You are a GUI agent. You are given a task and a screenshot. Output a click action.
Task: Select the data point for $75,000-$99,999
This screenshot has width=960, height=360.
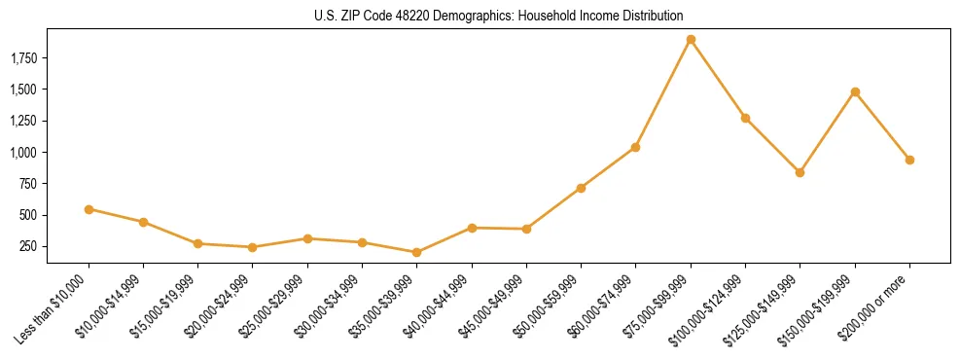(691, 40)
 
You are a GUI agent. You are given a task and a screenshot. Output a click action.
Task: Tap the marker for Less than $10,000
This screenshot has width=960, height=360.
(89, 209)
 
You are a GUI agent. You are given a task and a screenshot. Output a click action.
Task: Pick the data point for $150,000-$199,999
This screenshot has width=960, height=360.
(855, 92)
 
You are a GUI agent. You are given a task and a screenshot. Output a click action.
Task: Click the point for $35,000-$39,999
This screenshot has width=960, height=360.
(416, 252)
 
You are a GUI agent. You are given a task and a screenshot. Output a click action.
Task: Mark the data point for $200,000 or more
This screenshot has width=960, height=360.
(909, 160)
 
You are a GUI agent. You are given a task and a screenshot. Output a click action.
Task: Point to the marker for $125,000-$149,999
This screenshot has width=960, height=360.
(800, 172)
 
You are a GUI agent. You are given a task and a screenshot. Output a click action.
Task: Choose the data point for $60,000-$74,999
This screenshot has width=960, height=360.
(635, 147)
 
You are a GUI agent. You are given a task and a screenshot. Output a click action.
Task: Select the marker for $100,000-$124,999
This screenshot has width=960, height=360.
(745, 118)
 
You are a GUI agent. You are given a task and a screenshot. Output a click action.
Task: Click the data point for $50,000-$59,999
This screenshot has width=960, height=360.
(581, 188)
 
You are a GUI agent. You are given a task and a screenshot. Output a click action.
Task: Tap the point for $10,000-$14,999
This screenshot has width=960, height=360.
(143, 222)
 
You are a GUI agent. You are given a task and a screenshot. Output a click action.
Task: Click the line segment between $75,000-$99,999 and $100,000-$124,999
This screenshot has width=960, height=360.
(718, 79)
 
